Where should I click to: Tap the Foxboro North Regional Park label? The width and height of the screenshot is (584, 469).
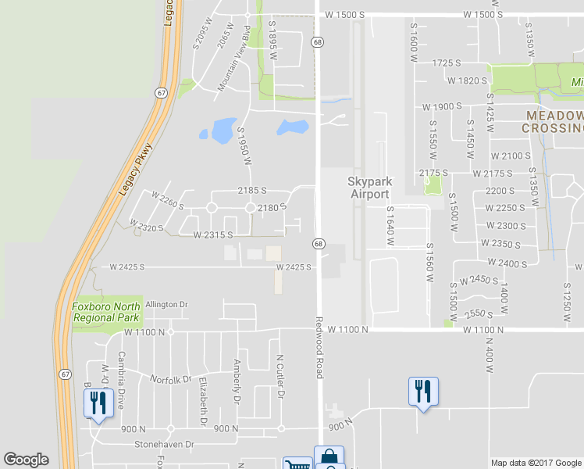[106, 313]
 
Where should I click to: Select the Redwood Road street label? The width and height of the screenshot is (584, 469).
[319, 348]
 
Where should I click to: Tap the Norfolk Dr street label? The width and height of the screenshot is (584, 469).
[172, 380]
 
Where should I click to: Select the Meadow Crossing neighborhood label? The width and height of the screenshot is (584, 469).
[552, 121]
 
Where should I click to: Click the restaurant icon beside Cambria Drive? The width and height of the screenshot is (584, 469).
[98, 403]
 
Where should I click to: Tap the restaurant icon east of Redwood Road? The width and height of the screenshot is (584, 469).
[423, 391]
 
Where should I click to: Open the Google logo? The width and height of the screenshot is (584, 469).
[26, 460]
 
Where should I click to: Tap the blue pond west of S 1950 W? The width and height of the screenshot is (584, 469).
[220, 128]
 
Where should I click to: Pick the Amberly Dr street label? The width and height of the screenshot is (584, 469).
[237, 381]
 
